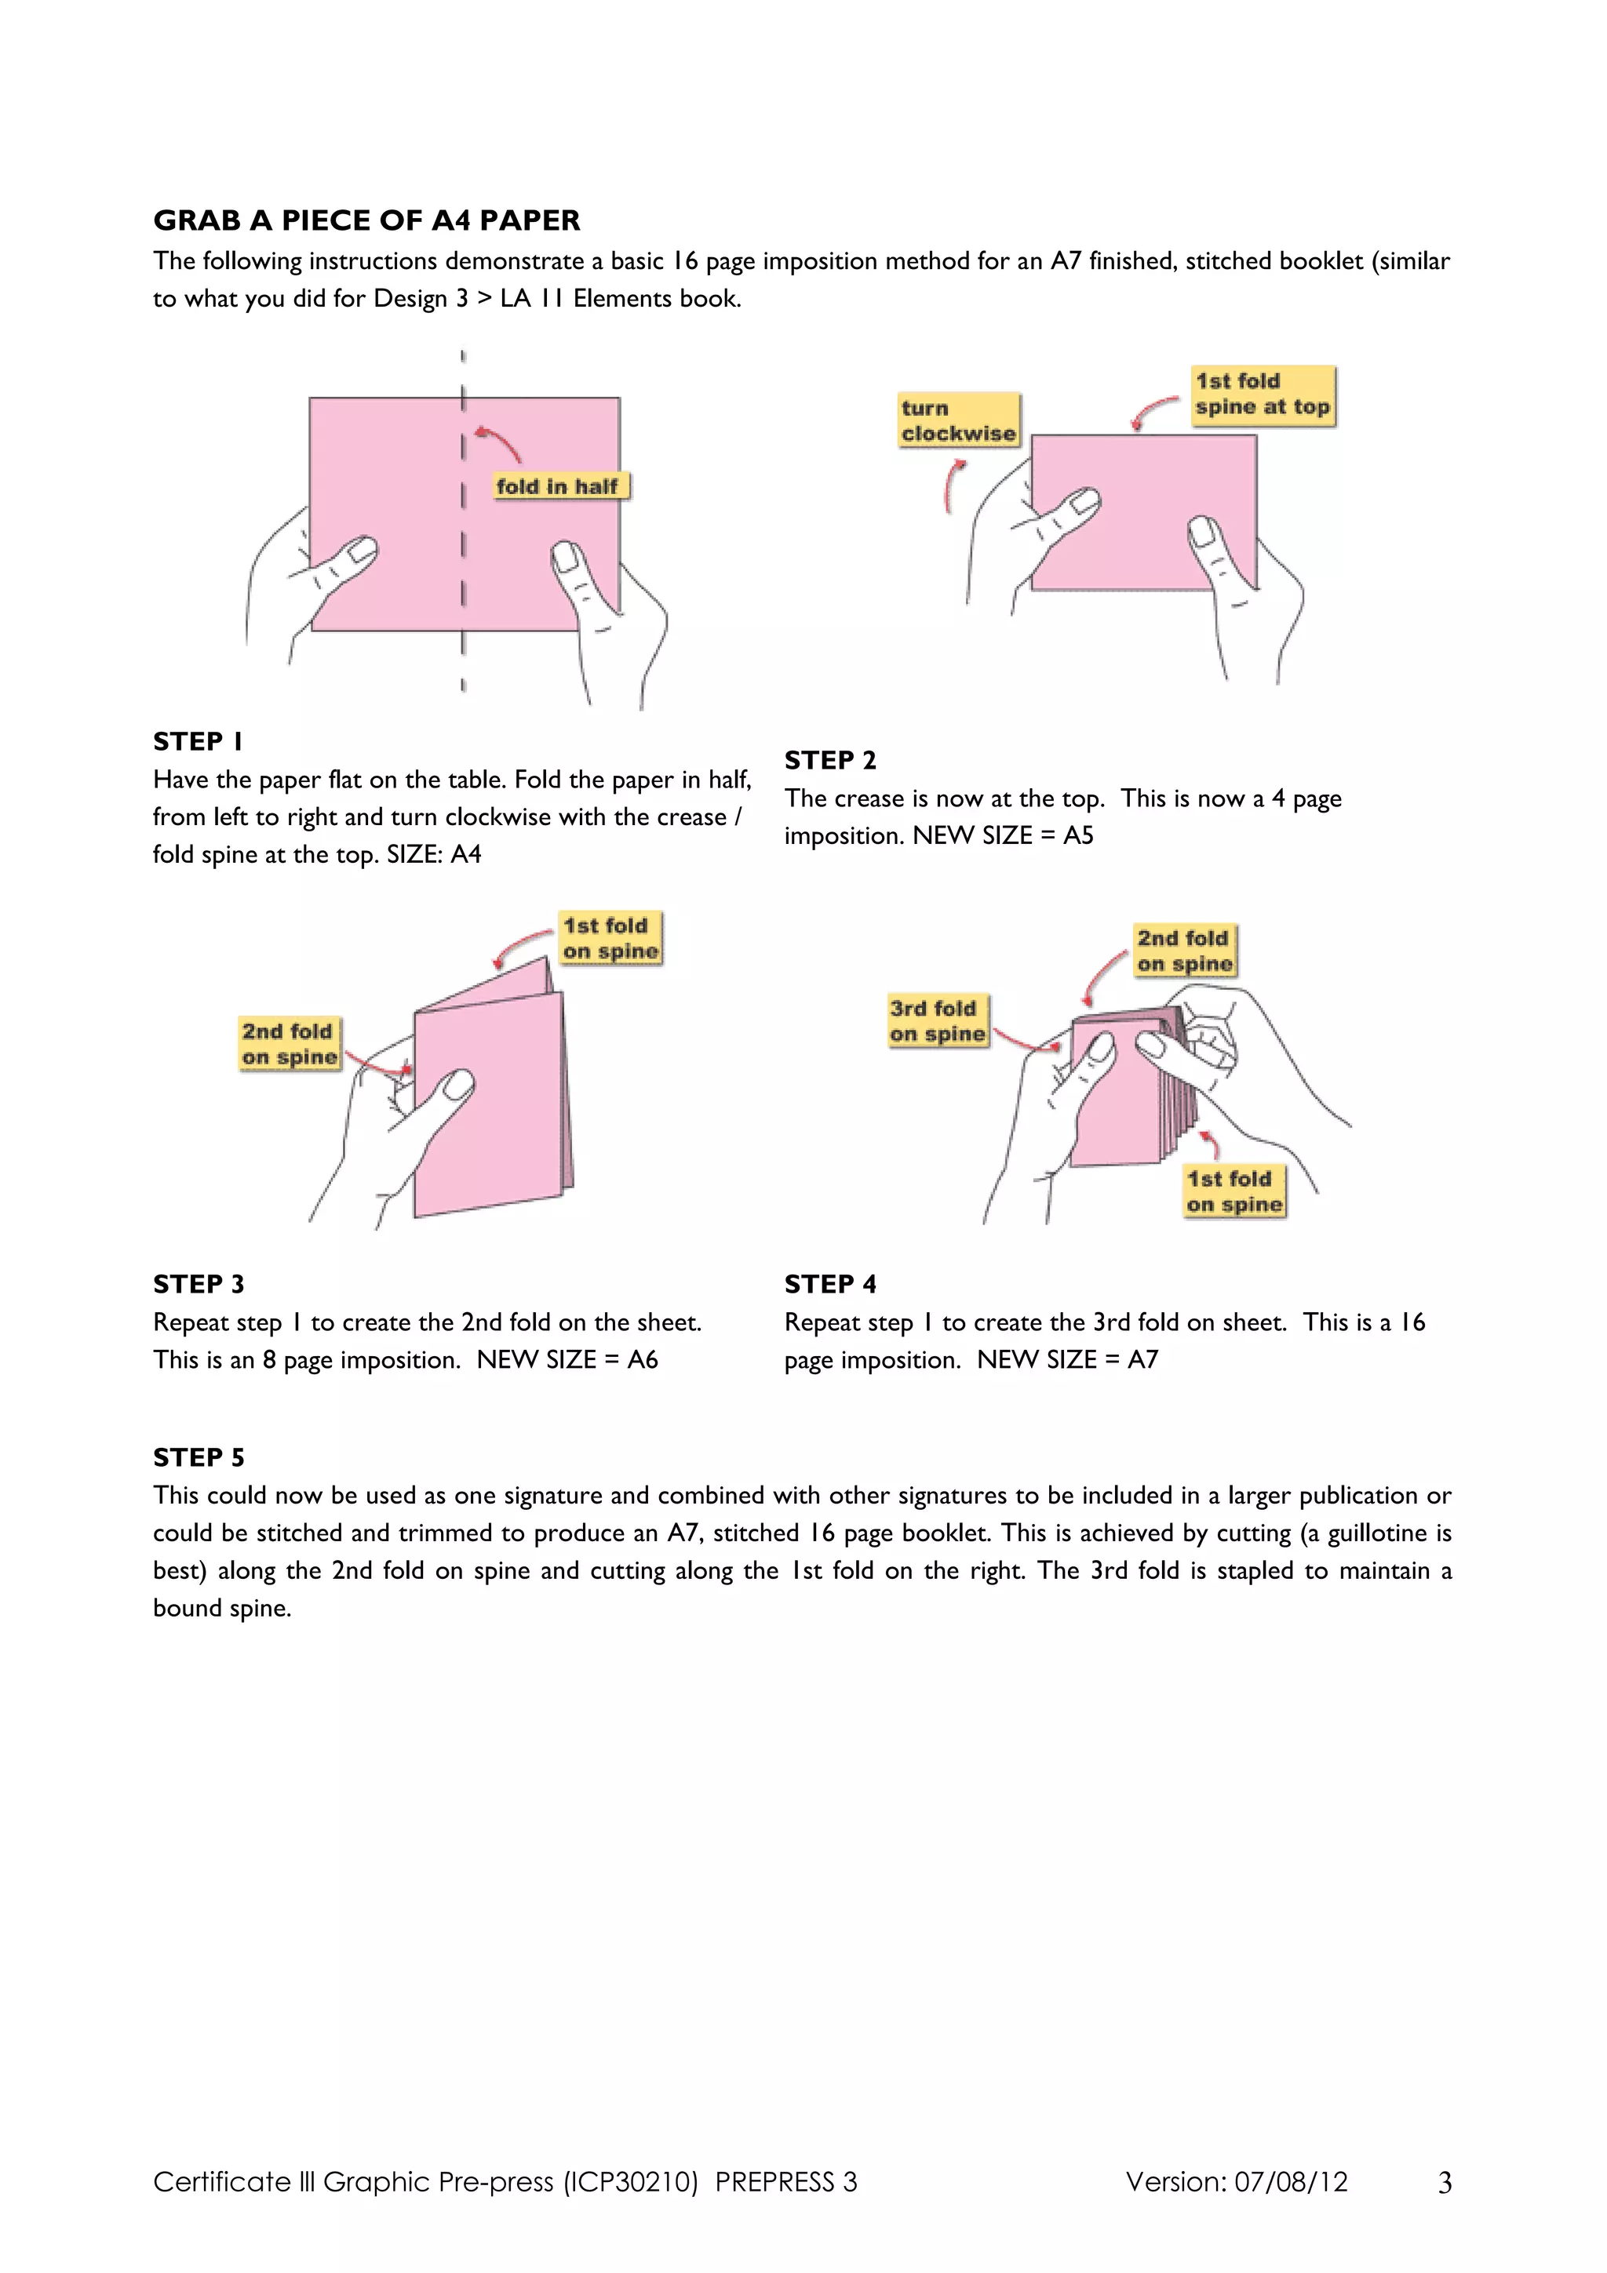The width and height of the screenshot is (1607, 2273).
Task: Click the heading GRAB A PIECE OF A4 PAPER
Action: [366, 220]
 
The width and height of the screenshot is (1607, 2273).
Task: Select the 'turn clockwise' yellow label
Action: [958, 420]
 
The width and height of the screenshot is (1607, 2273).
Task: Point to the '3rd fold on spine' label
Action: [937, 1020]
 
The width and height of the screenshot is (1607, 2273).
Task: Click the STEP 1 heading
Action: [198, 741]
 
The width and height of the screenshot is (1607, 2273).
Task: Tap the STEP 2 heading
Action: [829, 760]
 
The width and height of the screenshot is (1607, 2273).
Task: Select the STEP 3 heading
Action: [198, 1284]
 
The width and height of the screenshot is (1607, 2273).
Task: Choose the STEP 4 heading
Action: [829, 1284]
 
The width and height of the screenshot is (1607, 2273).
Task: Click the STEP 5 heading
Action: [198, 1457]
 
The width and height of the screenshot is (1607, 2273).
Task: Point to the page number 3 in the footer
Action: [1445, 2183]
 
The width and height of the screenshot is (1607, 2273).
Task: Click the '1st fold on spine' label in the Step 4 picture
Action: [1233, 1191]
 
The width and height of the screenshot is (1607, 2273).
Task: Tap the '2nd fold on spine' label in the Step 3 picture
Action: [289, 1043]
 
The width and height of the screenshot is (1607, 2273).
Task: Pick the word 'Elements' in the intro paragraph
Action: [621, 298]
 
